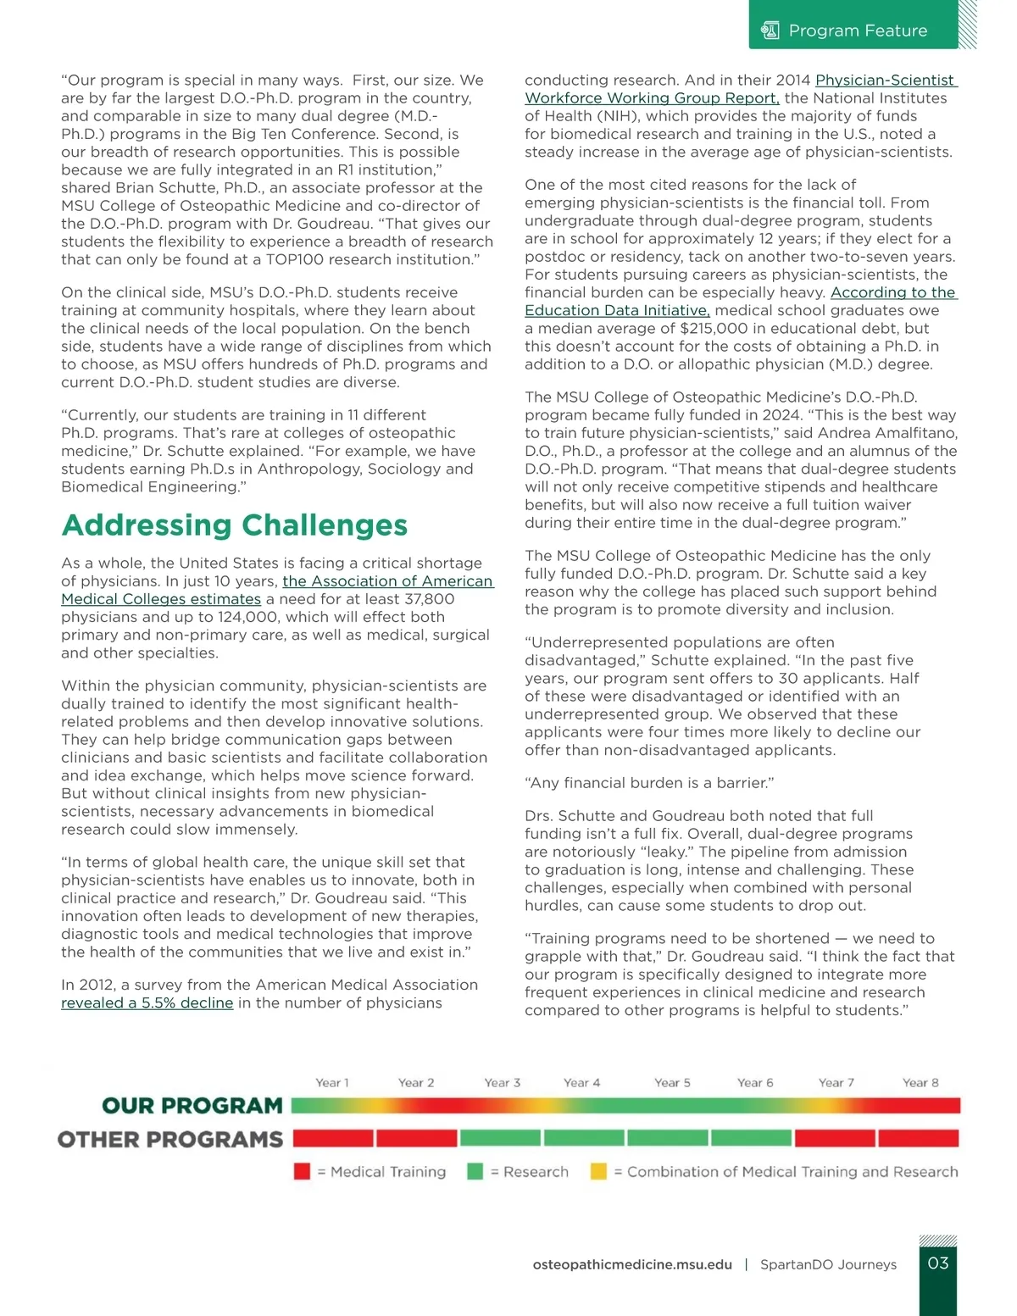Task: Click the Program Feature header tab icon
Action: point(770,31)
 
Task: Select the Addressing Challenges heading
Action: point(235,525)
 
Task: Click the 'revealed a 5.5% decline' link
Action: point(147,1003)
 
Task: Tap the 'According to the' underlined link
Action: point(892,292)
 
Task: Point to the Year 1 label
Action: point(331,1083)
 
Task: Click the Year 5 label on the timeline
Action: point(672,1083)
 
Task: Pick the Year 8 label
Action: point(920,1083)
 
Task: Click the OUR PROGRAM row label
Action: point(192,1106)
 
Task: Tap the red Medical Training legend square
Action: point(302,1172)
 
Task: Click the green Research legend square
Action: point(475,1172)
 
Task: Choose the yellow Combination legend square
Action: point(598,1172)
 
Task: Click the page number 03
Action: point(938,1263)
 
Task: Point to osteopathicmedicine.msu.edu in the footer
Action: point(632,1264)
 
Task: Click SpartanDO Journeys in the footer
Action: point(828,1264)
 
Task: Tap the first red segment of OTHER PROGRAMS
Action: point(333,1138)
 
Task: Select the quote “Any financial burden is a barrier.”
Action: point(649,783)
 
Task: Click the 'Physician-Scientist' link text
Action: point(885,81)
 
